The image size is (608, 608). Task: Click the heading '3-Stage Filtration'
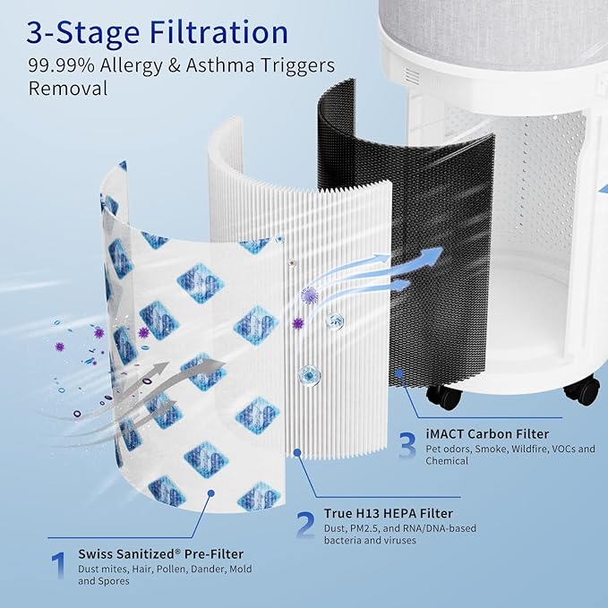point(158,33)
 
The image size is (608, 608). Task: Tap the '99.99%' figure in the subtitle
point(61,65)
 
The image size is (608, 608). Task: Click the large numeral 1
point(58,565)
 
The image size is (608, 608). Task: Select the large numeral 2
point(305,525)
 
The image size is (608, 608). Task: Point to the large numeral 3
point(407,445)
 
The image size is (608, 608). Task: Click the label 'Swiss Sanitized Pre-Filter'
point(161,554)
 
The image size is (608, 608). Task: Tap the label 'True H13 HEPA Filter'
point(389,513)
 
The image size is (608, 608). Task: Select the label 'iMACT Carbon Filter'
point(487,433)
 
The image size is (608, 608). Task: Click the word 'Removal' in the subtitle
point(68,89)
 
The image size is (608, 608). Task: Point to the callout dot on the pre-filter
point(211,493)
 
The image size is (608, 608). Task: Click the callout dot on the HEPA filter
point(297,452)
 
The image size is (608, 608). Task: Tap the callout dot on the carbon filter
point(399,373)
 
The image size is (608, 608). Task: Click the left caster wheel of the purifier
point(444,397)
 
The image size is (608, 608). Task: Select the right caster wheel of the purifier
point(582,390)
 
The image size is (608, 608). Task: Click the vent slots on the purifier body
point(412,76)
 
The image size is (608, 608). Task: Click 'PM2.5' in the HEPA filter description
point(364,528)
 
